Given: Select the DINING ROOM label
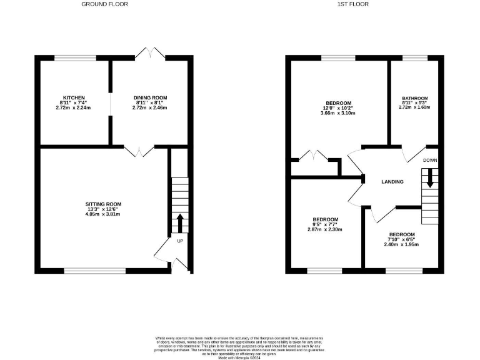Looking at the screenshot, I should pyautogui.click(x=150, y=97).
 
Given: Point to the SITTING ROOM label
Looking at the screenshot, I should pyautogui.click(x=103, y=204).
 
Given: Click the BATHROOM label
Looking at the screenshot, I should pyautogui.click(x=414, y=98).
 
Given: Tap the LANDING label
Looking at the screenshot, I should pyautogui.click(x=392, y=182).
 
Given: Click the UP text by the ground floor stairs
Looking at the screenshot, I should pyautogui.click(x=181, y=241).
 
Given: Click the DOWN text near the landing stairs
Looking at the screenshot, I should pyautogui.click(x=430, y=161).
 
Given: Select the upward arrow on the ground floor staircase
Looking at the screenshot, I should pyautogui.click(x=180, y=222).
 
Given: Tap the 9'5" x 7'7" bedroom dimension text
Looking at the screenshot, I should pyautogui.click(x=326, y=224).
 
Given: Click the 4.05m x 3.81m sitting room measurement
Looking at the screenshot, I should pyautogui.click(x=103, y=214).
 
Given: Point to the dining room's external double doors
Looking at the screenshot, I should pyautogui.click(x=150, y=54).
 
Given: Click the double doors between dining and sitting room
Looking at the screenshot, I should pyautogui.click(x=138, y=151).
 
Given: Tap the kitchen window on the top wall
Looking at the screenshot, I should pyautogui.click(x=75, y=58).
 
